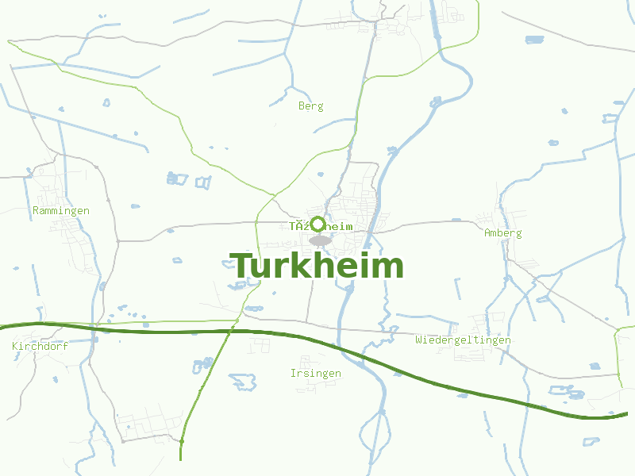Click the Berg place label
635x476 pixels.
311,106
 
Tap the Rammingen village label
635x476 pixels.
61,211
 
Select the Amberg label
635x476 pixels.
503,233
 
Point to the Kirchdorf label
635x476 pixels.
40,347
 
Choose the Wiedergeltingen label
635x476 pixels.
463,340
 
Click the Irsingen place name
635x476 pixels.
316,374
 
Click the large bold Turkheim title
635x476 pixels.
317,267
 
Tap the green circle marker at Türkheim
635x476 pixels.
317,224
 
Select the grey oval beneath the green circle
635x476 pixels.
320,240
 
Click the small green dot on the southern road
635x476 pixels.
182,440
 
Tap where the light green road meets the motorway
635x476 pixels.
230,332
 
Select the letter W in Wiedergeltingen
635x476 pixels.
418,340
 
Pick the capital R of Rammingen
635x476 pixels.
36,211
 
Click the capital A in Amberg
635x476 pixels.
487,233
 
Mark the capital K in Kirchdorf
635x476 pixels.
15,347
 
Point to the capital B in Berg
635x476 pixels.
302,106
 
